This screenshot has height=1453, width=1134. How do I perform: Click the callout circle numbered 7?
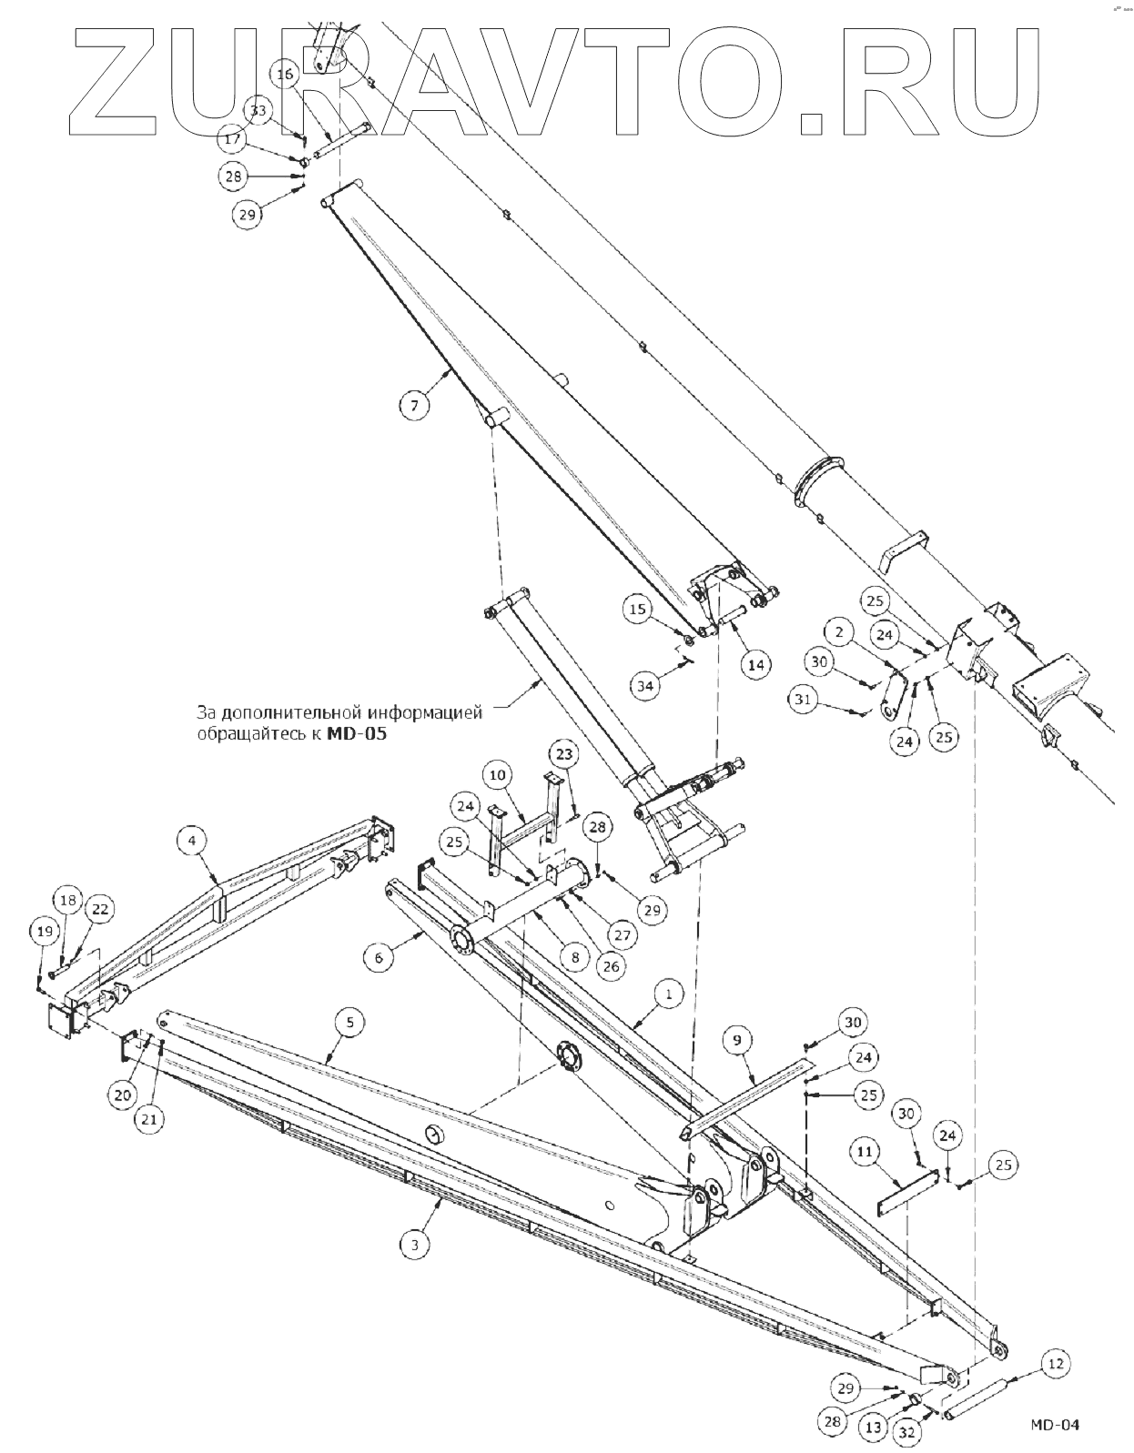[414, 405]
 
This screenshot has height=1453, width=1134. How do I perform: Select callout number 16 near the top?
[286, 74]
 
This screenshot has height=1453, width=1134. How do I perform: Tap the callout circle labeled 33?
[259, 111]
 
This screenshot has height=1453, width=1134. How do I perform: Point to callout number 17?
[233, 140]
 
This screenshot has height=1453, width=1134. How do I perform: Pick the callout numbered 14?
[756, 664]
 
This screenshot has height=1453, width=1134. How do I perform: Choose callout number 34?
[645, 685]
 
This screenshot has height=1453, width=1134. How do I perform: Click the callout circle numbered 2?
[839, 631]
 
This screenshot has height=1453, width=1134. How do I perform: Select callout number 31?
[803, 699]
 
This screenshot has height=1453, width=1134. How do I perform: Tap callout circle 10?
[497, 775]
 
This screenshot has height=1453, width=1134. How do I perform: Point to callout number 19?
[44, 931]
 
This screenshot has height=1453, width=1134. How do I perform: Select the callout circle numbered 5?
[349, 1022]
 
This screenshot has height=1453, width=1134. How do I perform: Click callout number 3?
[414, 1245]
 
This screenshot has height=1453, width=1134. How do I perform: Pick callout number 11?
[865, 1151]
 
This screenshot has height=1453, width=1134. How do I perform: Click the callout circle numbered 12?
[1055, 1363]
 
